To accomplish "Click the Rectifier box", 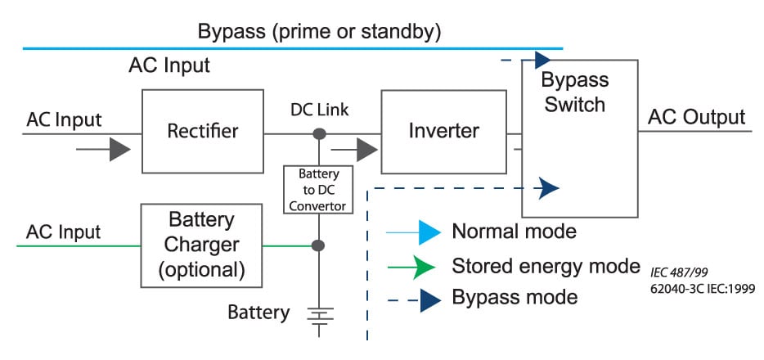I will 202,132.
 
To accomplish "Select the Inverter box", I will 443,132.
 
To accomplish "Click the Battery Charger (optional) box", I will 202,245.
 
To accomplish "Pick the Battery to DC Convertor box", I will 319,189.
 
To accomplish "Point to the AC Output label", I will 696,117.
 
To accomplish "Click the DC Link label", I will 319,110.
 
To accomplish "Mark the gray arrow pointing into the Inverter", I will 365,150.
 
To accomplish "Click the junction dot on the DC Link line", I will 319,133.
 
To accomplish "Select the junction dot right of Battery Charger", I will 319,245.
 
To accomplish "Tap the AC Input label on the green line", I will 63,232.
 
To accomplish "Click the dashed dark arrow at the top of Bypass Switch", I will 540,60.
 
